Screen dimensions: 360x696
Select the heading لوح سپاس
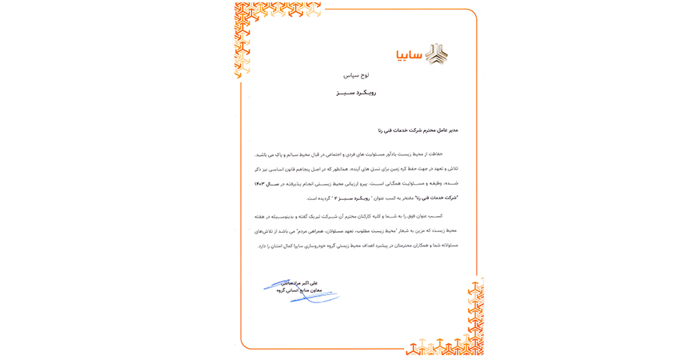(x=356, y=75)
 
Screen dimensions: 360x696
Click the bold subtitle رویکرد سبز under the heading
(x=357, y=93)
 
